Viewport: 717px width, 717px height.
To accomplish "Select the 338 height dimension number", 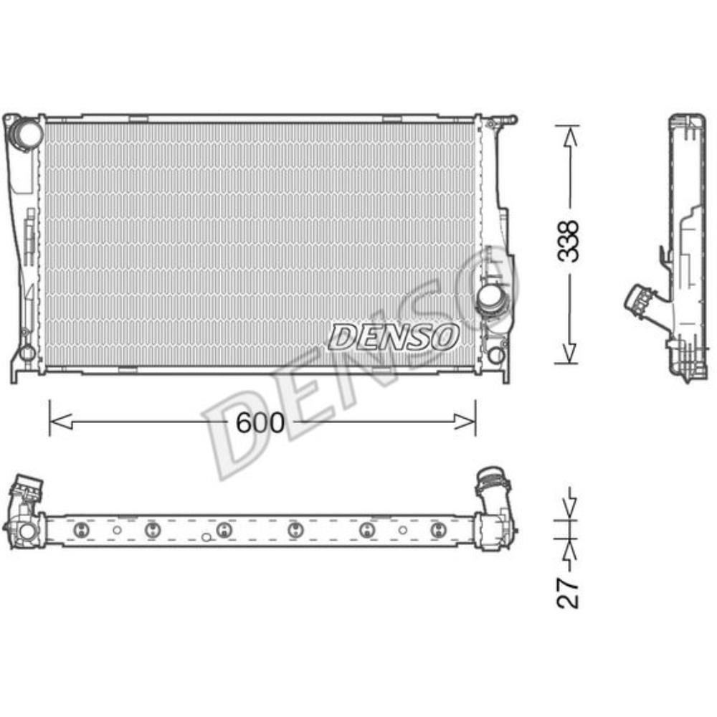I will click(569, 243).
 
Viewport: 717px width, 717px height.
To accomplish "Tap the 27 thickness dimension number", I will click(568, 592).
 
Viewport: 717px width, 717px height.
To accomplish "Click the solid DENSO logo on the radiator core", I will click(394, 336).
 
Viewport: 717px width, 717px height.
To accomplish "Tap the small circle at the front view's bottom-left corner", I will click(27, 353).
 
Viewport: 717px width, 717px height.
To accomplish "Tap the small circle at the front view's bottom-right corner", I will click(495, 355).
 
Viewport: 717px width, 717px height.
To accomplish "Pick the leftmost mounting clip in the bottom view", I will click(80, 530).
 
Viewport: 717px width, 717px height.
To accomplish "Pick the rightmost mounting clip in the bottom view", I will click(437, 530).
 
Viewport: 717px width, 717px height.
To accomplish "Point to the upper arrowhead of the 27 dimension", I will click(569, 510).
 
